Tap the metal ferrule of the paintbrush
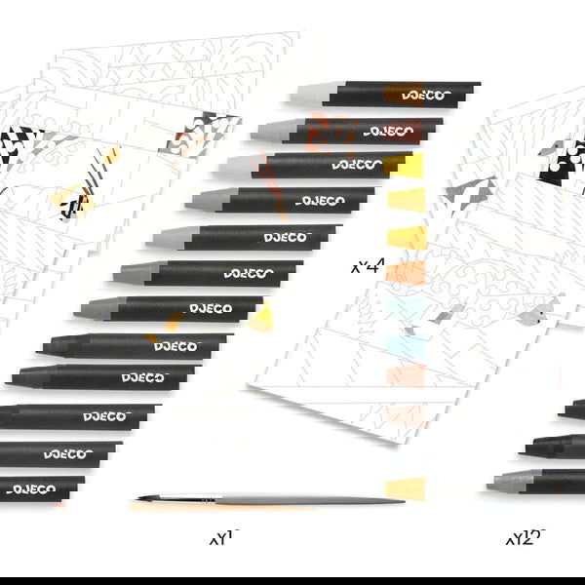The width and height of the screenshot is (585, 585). point(186,498)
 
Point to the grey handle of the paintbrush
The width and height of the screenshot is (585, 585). point(309,500)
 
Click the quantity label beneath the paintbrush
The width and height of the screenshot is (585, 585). point(224,537)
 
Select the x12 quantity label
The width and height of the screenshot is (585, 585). point(526,537)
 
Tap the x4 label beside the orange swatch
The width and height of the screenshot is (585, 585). point(368,266)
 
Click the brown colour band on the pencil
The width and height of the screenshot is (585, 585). point(404,94)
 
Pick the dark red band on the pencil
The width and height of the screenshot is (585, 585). point(402,131)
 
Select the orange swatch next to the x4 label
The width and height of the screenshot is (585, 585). point(406,273)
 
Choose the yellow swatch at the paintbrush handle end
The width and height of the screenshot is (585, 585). point(406,488)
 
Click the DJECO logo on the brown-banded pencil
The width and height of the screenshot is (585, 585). point(426,96)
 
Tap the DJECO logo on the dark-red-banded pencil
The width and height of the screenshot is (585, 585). point(389,132)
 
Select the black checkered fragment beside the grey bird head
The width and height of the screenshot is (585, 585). point(563,162)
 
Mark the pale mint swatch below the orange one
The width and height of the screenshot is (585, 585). point(406,310)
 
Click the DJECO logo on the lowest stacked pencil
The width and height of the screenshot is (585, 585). point(31,489)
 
